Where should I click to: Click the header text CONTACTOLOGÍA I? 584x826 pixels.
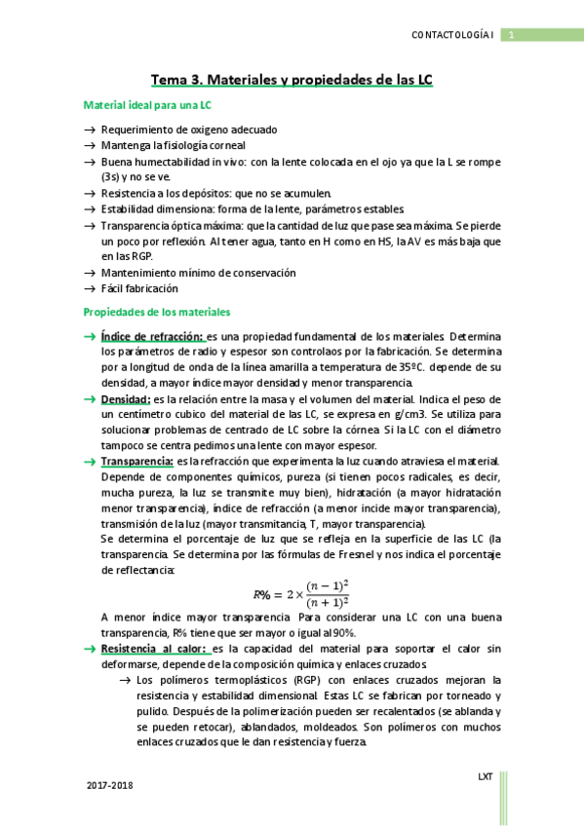pos(455,37)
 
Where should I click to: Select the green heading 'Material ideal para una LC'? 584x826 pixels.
pos(148,104)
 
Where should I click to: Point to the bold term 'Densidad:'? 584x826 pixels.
pos(126,399)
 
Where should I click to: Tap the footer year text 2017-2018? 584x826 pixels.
pos(109,785)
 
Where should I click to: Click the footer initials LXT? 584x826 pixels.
pos(485,776)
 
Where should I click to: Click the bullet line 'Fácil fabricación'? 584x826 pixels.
pos(139,288)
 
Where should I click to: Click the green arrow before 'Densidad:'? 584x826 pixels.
pos(89,399)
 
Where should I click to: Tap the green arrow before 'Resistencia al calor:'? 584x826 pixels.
pos(89,647)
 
